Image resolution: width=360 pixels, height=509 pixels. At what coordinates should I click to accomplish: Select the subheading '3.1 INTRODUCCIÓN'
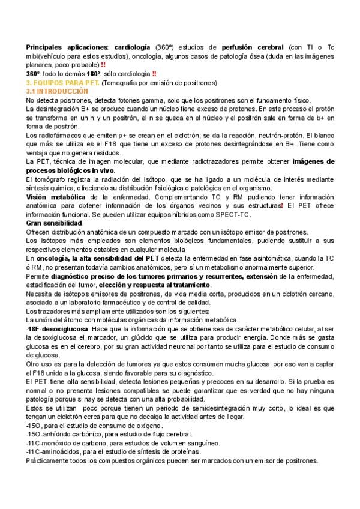tap(54, 91)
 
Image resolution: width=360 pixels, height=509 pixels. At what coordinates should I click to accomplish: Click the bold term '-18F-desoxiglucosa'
tap(57, 330)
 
